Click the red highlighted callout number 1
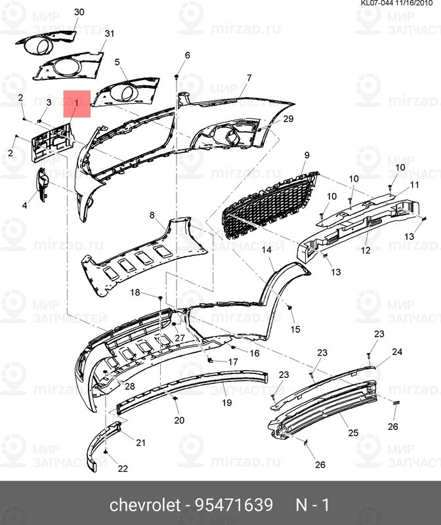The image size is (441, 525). click(x=77, y=103)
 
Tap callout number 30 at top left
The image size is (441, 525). click(x=79, y=12)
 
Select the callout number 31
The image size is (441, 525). click(x=110, y=33)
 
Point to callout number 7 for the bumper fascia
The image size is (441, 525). click(x=249, y=77)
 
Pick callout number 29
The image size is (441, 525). click(x=288, y=119)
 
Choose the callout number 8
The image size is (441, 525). click(x=152, y=215)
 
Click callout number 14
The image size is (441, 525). click(x=266, y=250)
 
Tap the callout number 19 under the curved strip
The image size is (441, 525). click(x=227, y=402)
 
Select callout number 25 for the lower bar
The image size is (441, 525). click(x=353, y=433)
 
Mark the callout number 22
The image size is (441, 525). click(x=123, y=469)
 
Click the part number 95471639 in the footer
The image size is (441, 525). click(x=234, y=505)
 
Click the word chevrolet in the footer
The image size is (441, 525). click(x=145, y=505)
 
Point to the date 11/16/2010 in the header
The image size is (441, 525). click(x=414, y=3)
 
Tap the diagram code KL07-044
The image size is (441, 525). click(x=377, y=3)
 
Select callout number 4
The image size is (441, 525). click(x=24, y=205)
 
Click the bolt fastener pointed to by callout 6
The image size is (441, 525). click(x=176, y=77)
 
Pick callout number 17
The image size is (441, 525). click(x=233, y=362)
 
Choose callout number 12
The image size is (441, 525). click(x=366, y=250)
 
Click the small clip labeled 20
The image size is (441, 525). click(x=175, y=398)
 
